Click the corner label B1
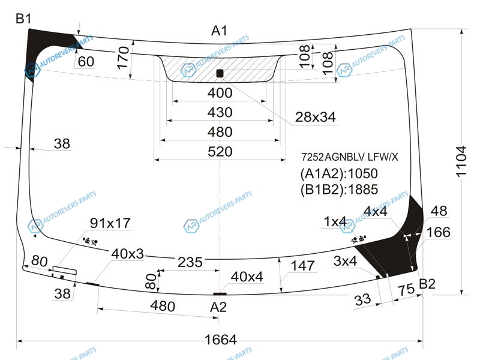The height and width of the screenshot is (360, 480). click(x=23, y=19)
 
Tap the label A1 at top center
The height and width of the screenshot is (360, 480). click(x=219, y=31)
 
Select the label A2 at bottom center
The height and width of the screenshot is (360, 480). click(x=219, y=307)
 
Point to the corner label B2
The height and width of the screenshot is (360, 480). click(x=427, y=284)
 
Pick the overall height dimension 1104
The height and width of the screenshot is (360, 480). click(x=460, y=160)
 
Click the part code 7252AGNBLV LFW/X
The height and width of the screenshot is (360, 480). click(x=349, y=157)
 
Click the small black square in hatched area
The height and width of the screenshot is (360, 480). click(x=219, y=73)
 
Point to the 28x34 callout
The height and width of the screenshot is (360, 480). click(x=314, y=118)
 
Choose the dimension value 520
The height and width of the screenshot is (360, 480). click(x=220, y=152)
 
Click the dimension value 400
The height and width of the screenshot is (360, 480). click(x=220, y=93)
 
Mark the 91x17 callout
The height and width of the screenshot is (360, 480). click(x=110, y=223)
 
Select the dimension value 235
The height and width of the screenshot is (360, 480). click(x=190, y=262)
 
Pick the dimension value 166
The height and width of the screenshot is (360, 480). click(x=438, y=232)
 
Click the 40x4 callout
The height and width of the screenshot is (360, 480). click(x=247, y=277)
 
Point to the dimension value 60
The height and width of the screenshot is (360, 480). click(x=86, y=61)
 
